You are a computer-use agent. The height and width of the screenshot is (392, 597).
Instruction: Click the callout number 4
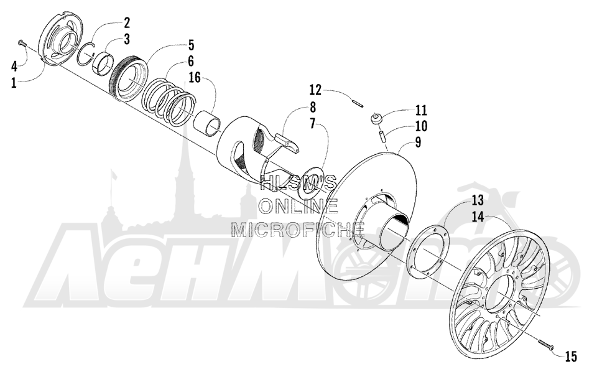[14, 67]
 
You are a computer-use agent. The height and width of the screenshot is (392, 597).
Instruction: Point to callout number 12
[315, 91]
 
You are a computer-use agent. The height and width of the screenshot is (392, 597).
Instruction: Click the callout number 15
[571, 357]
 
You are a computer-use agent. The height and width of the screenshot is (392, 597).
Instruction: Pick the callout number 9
[419, 143]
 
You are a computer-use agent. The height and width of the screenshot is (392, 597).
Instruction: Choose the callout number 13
[478, 200]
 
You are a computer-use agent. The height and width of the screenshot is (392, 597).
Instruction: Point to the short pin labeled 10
[384, 135]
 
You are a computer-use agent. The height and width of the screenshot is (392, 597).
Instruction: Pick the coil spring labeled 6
[169, 101]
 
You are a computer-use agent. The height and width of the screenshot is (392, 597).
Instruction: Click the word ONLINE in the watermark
[298, 206]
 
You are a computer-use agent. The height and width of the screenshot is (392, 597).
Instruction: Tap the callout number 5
[191, 45]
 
